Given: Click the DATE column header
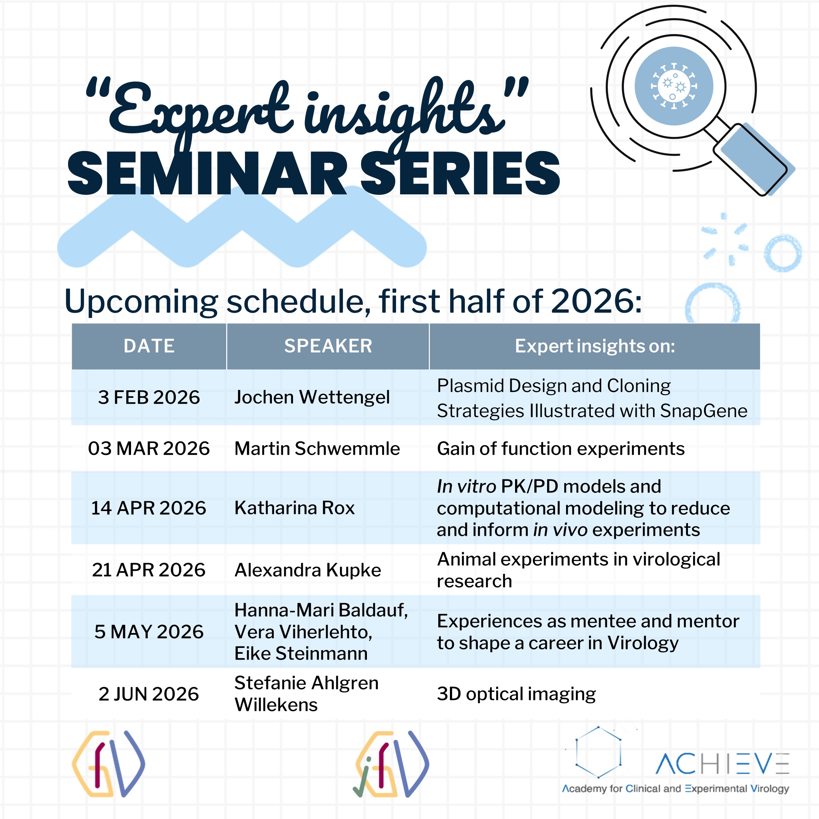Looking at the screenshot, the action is point(149,346).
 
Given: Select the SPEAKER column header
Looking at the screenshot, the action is point(328,346).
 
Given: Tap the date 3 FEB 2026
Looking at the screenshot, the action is point(149,397).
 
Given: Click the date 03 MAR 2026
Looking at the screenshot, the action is point(149,448).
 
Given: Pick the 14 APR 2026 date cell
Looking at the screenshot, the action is point(149,508).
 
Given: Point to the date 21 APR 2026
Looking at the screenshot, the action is point(149,570).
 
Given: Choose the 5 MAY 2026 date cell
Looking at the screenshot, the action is point(149,632).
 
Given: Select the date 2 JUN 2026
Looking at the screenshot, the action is point(149,694).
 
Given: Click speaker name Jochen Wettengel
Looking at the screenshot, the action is point(312,397).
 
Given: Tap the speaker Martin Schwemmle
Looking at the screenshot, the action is point(317,448).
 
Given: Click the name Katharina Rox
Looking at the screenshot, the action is point(294,508).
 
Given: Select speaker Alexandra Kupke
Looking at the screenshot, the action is point(308,570).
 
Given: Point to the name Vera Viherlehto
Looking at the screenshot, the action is point(304,632).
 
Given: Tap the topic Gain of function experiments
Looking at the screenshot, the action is point(561,449).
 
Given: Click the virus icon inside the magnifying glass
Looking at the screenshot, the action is point(674,86).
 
